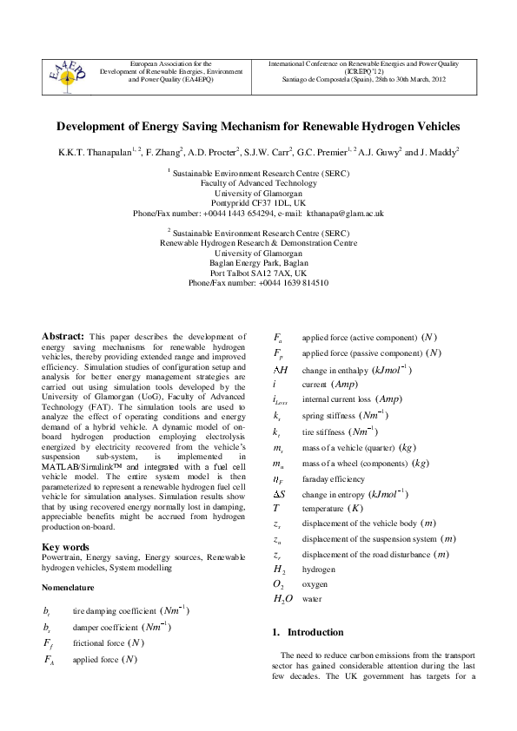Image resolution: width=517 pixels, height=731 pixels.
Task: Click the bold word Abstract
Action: [x=63, y=336]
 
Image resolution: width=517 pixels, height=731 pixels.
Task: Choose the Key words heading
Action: [x=65, y=547]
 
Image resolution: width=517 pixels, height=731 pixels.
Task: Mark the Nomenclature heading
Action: [x=70, y=587]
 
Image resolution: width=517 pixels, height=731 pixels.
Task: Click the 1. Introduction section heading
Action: [x=305, y=632]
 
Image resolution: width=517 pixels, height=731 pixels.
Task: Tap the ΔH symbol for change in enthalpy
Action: [x=281, y=370]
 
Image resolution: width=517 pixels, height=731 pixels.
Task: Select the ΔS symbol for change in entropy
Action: [x=281, y=493]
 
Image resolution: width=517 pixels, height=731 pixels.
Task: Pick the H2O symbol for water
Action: [x=283, y=599]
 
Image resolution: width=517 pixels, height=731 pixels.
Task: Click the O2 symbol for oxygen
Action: [x=280, y=584]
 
